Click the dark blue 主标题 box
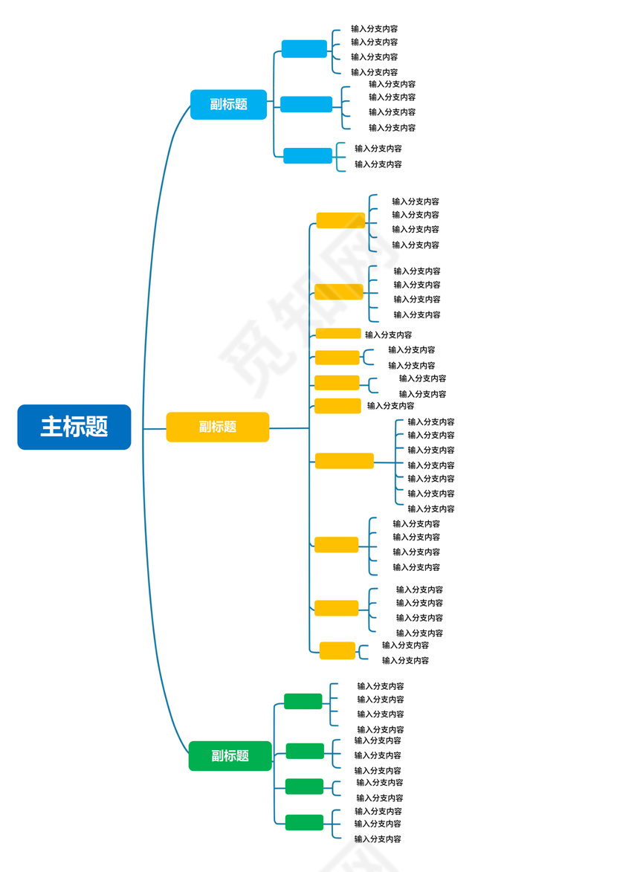coord(74,427)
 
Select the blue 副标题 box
coord(228,105)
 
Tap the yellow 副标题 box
coord(217,427)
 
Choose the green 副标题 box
coord(230,756)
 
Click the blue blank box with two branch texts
coord(308,156)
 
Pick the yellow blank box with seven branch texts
coord(344,461)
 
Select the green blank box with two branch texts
coord(304,787)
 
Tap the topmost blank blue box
coord(304,49)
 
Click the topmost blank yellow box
coord(340,221)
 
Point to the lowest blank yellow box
coord(337,650)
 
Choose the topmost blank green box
coord(303,701)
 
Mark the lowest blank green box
coord(304,822)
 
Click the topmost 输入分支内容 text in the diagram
coord(374,29)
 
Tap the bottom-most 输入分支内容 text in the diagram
coord(378,839)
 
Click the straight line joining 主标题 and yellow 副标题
coord(155,429)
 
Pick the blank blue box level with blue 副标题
coord(306,105)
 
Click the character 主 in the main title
coord(51,427)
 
